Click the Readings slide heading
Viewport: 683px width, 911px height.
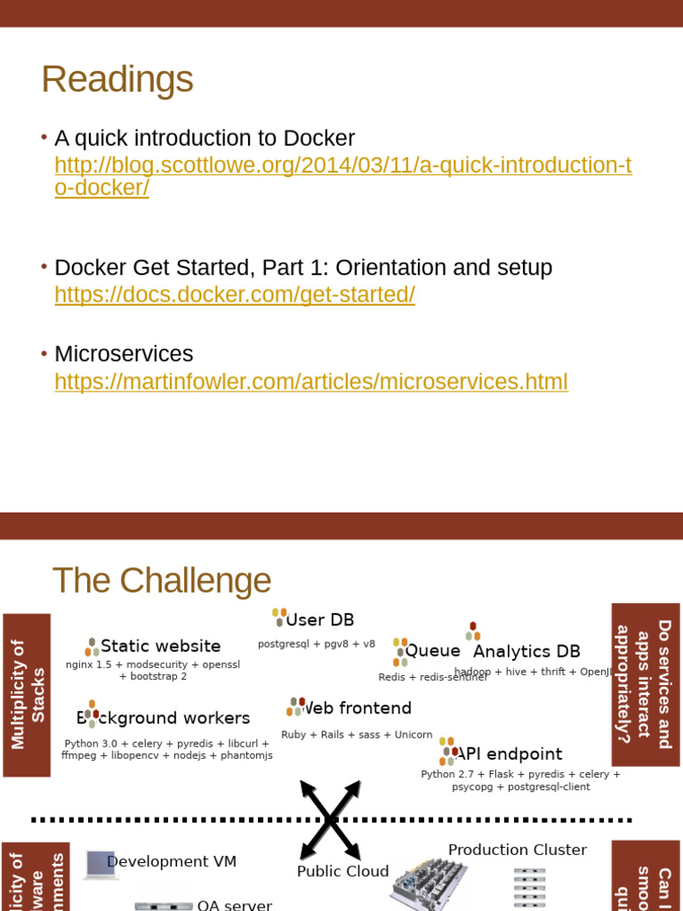coord(117,79)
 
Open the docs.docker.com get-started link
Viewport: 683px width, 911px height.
coord(235,294)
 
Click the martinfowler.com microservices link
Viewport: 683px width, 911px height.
coord(310,382)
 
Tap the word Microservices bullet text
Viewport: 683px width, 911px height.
coord(124,353)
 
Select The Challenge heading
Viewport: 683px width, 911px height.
coord(161,581)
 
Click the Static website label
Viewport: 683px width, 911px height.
coord(160,646)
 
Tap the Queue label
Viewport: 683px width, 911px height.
coord(432,650)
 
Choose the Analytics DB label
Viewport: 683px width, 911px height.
coord(526,651)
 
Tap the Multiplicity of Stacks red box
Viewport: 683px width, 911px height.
coord(27,694)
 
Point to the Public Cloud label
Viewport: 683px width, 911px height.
coord(342,871)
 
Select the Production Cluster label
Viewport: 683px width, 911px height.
coord(517,850)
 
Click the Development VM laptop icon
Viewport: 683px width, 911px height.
coord(100,864)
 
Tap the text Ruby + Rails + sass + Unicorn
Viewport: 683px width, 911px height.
coord(357,735)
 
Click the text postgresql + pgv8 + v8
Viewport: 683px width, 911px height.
coord(317,643)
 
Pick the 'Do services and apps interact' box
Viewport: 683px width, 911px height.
coord(646,683)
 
